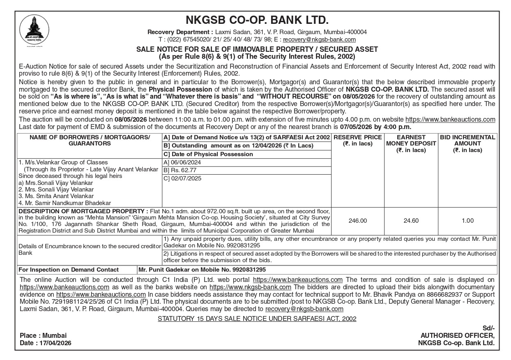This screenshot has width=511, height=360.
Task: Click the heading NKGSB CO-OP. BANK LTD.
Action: coord(257,20)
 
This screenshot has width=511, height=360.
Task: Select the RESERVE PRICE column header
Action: coord(357,140)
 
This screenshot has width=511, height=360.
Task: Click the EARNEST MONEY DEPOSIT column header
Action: coord(411,143)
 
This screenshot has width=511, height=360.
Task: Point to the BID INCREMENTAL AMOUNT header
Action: coord(467,143)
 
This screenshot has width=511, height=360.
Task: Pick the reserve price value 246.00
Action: coord(357,221)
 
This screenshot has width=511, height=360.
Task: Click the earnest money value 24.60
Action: coord(411,221)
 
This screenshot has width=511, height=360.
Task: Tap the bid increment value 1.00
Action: coord(467,221)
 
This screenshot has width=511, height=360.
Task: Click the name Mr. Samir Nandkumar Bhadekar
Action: coord(64,203)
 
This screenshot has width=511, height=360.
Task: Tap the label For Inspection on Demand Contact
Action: coord(69,270)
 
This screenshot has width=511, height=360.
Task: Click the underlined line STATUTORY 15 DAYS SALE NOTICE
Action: coord(257,318)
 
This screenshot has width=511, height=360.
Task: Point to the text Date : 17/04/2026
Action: coord(45,343)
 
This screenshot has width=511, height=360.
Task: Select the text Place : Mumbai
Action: coord(43,335)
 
